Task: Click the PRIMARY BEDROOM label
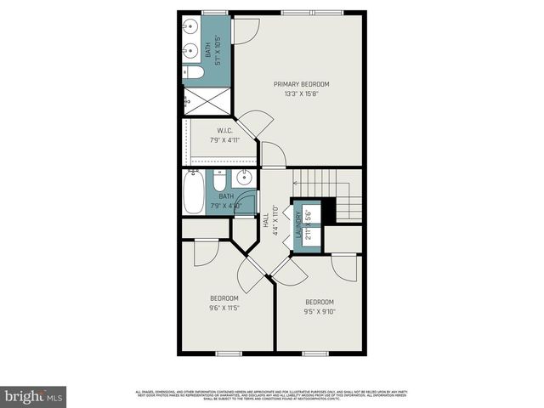pos(301,84)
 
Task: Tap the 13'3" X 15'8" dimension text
pos(301,93)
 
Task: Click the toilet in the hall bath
pos(219,183)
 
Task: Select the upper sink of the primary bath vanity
pos(188,31)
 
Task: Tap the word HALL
pos(266,219)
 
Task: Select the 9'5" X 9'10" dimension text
pos(320,311)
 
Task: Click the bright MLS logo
pos(34,395)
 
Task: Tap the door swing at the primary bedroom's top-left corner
pos(245,30)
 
